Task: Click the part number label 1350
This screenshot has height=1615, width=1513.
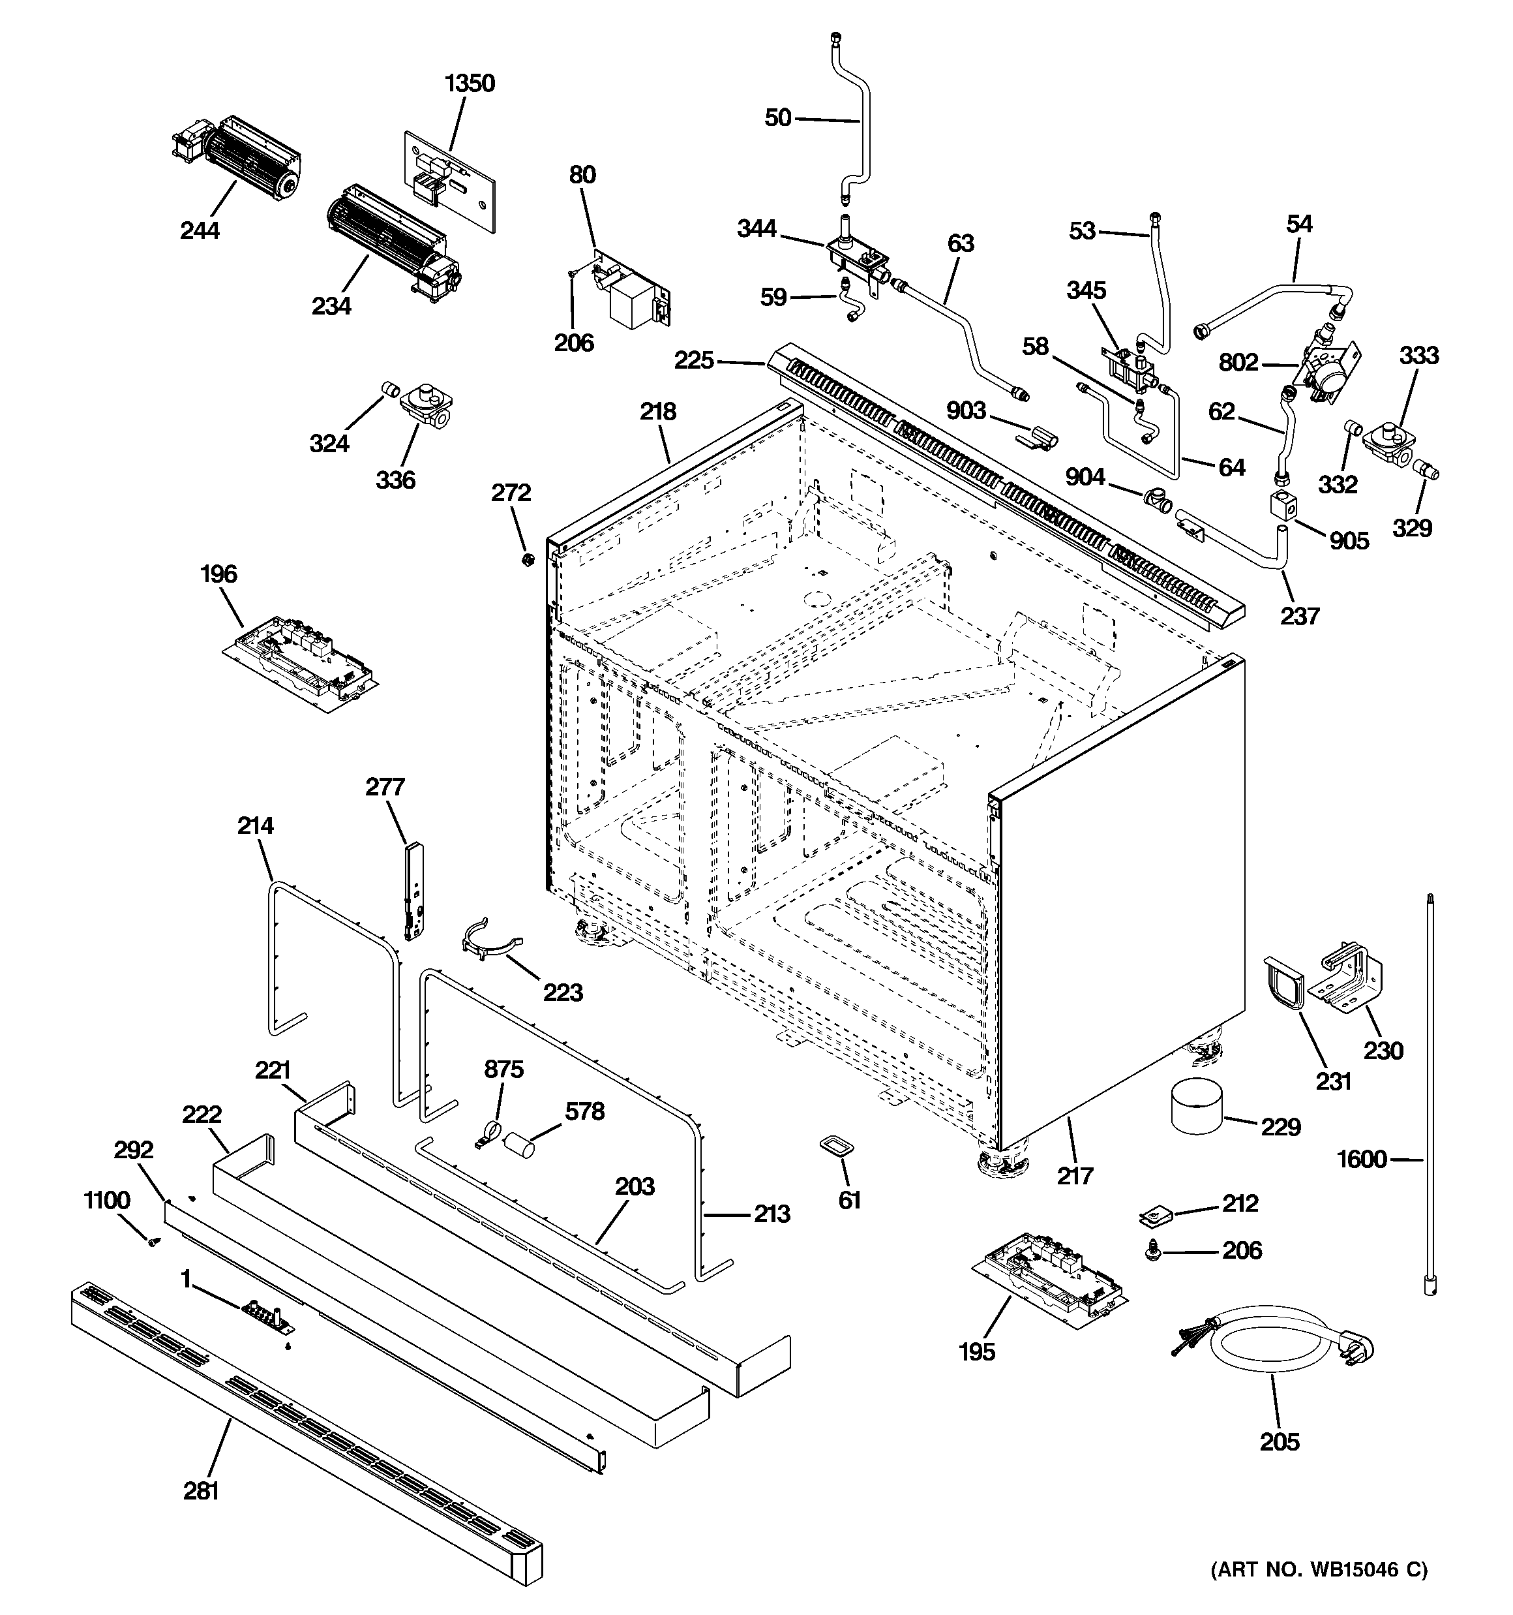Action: tap(470, 83)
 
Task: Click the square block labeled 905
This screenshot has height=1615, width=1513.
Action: tap(1282, 504)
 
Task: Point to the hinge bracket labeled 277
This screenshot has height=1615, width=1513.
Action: tap(415, 890)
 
